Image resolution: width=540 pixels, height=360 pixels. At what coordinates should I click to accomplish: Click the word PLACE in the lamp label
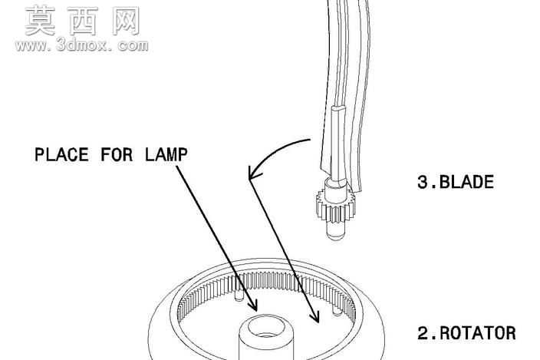[61, 155]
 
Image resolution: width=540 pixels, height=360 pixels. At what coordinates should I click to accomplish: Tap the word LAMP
[166, 155]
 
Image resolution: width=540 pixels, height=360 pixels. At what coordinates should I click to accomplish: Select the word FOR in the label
[117, 155]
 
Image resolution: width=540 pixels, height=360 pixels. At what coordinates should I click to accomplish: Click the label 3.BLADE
[456, 182]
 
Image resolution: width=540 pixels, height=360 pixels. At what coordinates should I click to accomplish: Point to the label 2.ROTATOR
[466, 333]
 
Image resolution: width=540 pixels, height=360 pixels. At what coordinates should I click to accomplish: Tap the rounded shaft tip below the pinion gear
[335, 232]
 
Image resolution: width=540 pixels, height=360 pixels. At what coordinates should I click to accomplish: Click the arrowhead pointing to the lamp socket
[253, 305]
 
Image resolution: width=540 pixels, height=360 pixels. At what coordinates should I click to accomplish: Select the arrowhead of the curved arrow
[254, 173]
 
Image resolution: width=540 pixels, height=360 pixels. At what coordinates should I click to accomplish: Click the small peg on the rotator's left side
[239, 296]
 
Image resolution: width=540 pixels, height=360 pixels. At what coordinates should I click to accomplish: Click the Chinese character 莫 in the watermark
[41, 21]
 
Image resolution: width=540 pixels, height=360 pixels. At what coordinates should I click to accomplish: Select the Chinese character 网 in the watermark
[125, 21]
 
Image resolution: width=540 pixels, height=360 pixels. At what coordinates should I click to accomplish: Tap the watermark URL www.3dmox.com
[81, 45]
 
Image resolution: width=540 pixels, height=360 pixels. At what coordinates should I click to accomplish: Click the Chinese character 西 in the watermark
[83, 21]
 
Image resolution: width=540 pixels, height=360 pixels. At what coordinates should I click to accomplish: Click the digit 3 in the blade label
[422, 182]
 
